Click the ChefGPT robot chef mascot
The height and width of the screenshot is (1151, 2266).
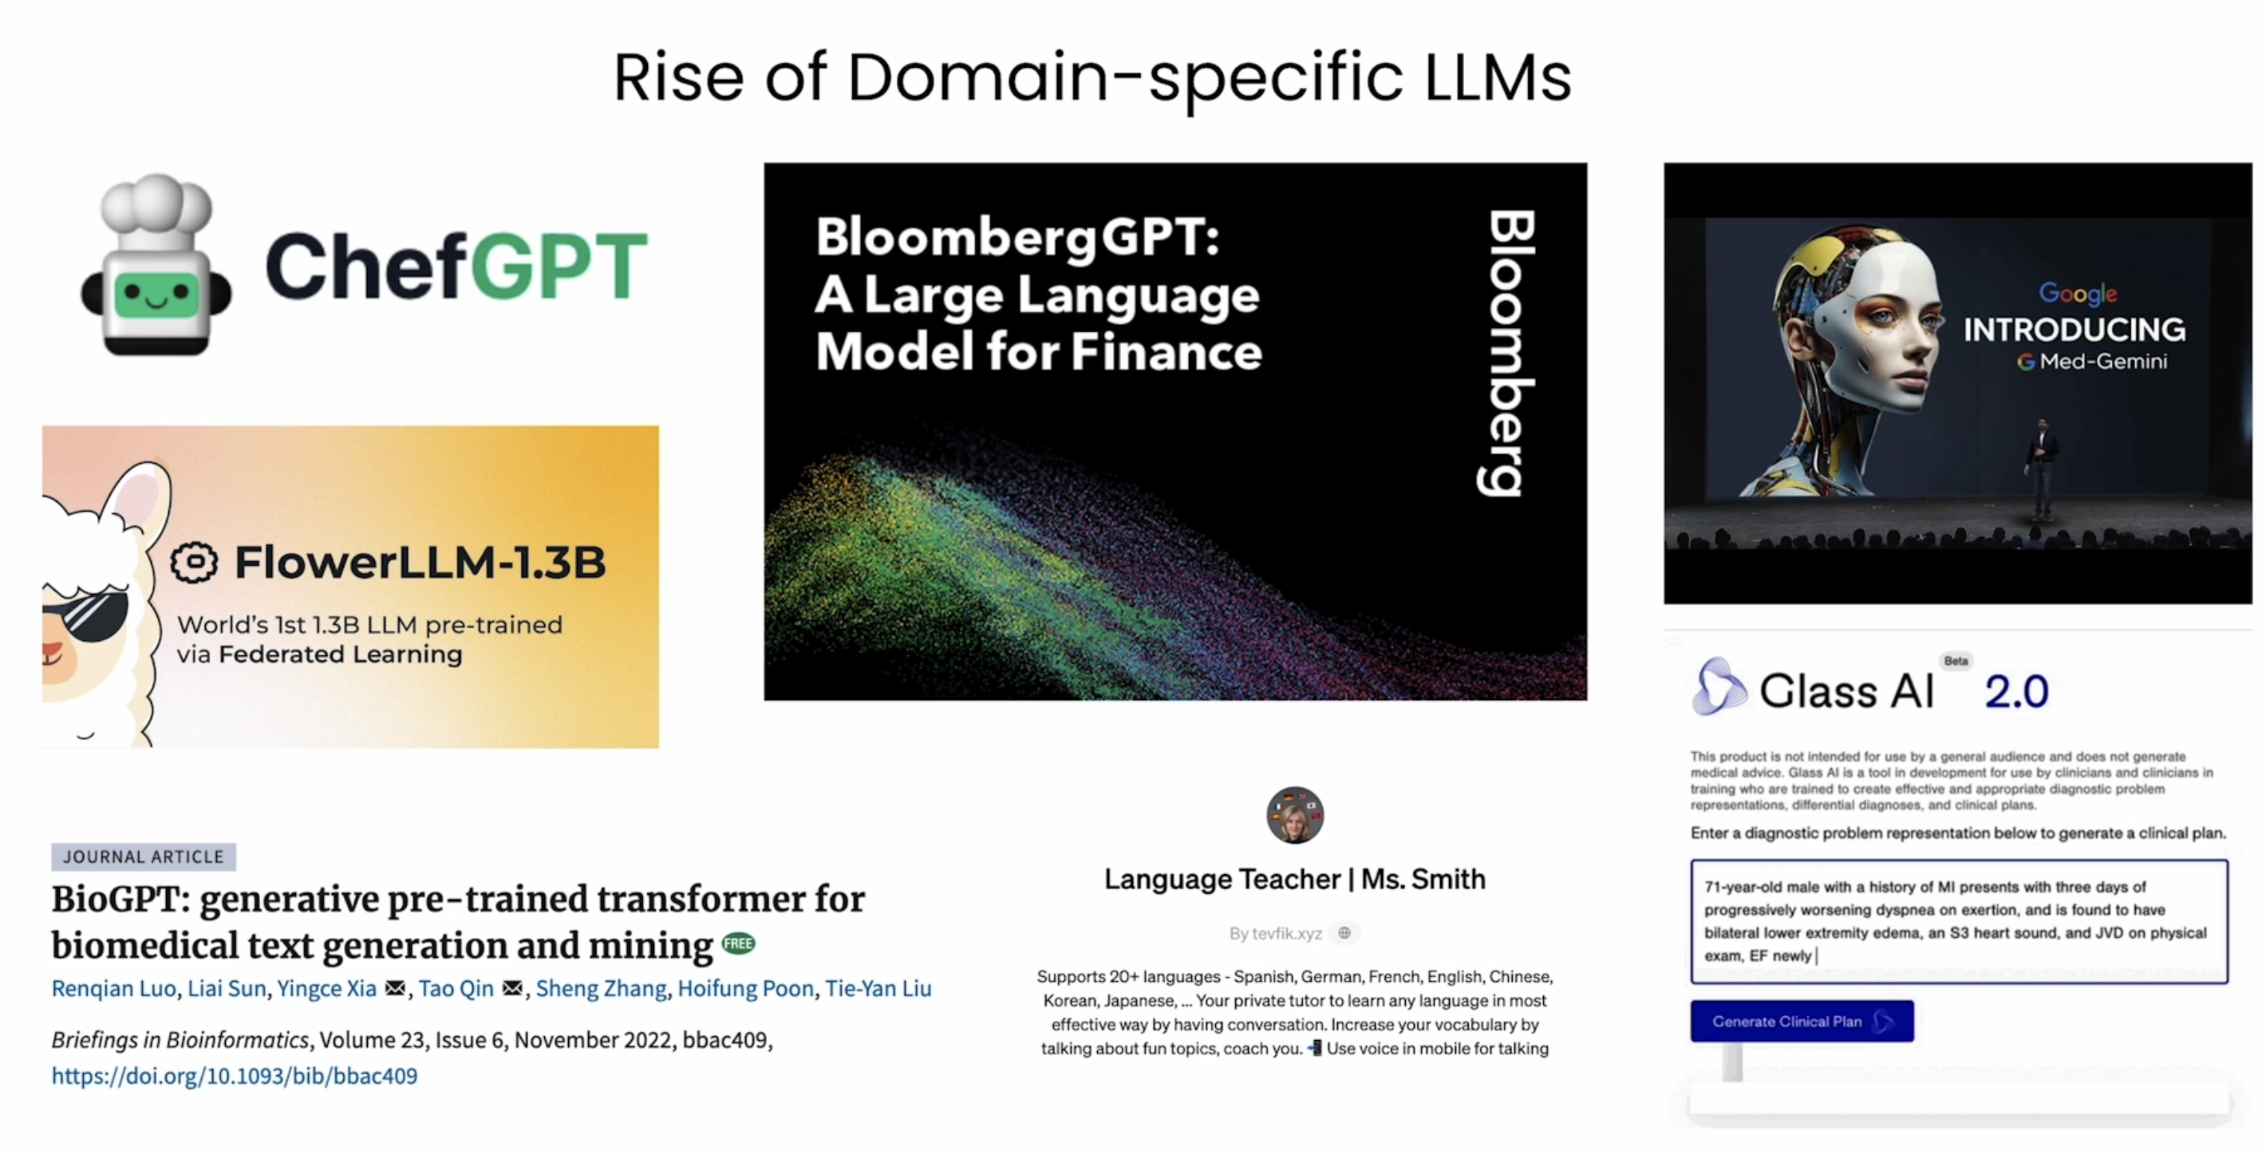point(156,265)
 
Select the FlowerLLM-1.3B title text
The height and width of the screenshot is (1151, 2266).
point(420,562)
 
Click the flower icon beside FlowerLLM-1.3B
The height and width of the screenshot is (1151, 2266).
point(194,562)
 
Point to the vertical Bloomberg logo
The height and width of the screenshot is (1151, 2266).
point(1510,353)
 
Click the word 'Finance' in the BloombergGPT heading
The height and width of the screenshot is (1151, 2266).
point(1167,352)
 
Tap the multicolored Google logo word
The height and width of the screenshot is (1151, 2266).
point(2078,293)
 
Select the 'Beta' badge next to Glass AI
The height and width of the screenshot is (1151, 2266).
point(1956,661)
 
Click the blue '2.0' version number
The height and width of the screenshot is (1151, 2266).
point(2016,692)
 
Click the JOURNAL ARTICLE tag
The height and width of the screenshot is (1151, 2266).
point(144,856)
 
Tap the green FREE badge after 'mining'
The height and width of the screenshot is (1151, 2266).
point(738,943)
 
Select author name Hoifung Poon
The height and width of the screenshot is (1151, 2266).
point(745,988)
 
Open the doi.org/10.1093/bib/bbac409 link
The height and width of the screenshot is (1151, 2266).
point(234,1075)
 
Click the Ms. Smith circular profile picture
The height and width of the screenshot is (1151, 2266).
point(1295,815)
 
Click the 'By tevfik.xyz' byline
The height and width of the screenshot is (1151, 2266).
point(1275,933)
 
